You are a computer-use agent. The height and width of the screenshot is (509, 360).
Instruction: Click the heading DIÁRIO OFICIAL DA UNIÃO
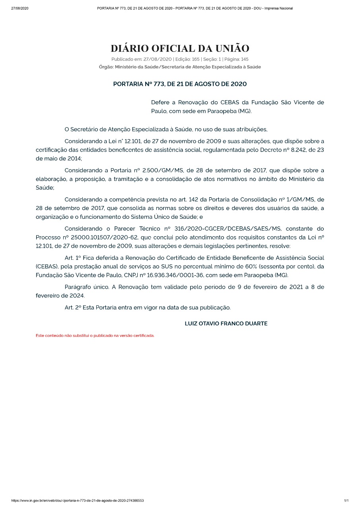180,49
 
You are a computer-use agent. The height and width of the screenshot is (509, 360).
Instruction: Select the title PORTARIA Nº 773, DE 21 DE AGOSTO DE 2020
180,84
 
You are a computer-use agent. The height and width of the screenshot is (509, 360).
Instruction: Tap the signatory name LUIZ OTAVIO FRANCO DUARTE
226,324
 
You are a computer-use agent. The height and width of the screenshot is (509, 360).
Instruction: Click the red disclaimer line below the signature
95,336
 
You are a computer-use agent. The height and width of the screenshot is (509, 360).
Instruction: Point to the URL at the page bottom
78,500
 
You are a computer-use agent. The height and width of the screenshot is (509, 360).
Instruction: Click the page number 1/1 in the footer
346,500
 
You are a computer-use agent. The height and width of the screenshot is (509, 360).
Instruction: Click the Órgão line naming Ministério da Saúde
180,67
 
